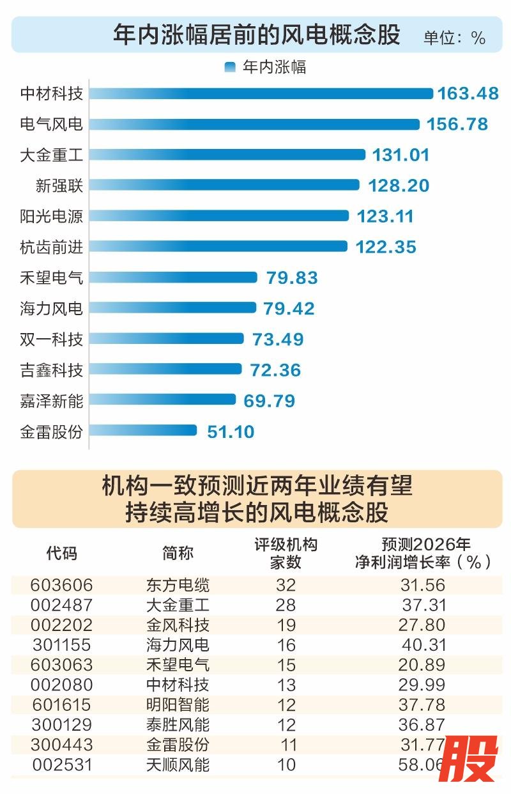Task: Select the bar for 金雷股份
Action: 143,430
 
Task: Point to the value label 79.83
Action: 291,277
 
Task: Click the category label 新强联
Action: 59,185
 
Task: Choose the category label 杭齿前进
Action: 52,247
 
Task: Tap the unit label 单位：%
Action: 454,37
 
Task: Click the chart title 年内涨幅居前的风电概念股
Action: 256,35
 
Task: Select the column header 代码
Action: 62,553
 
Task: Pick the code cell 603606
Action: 62,585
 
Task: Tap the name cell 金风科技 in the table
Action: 178,625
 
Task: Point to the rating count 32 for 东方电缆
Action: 286,585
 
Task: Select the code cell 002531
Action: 62,765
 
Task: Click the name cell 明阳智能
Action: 178,705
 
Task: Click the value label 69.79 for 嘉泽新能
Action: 269,401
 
